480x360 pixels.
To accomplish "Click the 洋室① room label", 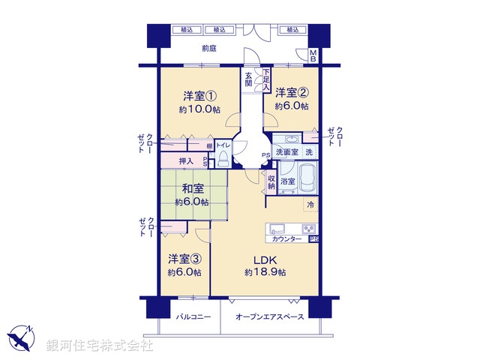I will click(199, 96).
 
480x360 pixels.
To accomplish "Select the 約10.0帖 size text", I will click(199, 109).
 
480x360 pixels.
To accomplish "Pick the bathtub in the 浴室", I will click(307, 177).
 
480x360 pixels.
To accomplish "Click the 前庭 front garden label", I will click(210, 49).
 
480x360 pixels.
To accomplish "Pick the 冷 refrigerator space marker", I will click(310, 204).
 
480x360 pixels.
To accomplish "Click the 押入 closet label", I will click(187, 160).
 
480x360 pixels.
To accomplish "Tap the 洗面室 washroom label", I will click(286, 153).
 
